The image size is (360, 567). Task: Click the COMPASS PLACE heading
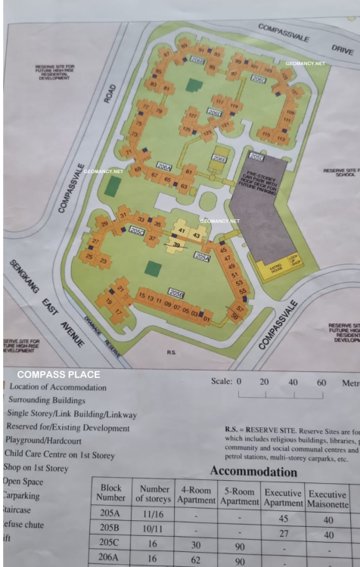(58, 374)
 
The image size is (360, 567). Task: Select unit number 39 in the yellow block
(177, 245)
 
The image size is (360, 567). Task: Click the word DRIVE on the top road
(342, 50)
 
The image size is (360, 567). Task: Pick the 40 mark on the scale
(293, 383)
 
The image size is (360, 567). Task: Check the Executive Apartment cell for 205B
(283, 533)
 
